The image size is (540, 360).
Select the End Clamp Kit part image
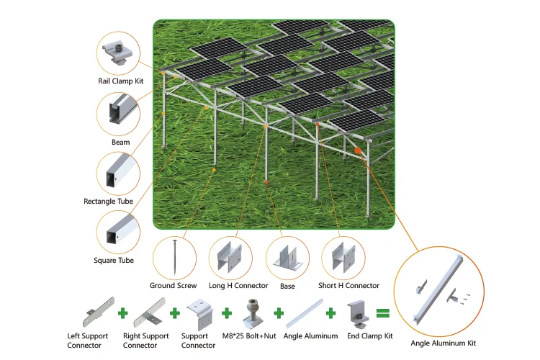point(358,312)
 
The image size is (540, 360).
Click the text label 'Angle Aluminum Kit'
point(443,343)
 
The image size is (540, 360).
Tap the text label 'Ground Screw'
point(173,286)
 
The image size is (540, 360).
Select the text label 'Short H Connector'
point(348,286)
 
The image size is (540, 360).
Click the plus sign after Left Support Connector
point(122,314)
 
